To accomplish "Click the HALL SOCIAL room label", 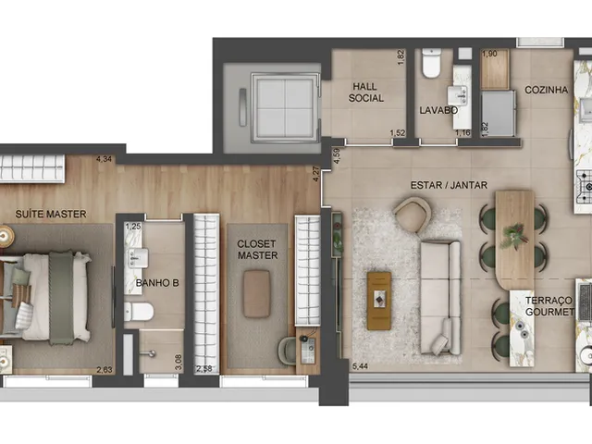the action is (x=365, y=92).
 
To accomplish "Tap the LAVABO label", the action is (x=438, y=110).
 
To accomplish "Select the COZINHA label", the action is (x=546, y=90).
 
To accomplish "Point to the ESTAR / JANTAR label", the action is (x=449, y=185).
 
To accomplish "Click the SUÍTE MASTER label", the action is (x=51, y=214).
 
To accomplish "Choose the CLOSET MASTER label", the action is (x=257, y=250).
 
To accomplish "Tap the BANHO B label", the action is (x=157, y=283).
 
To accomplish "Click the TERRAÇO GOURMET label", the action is (x=549, y=306).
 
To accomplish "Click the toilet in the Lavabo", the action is (x=431, y=63).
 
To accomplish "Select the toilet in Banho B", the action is (x=139, y=312).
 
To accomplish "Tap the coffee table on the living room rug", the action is (x=379, y=301).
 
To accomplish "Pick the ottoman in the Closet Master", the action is (x=257, y=294).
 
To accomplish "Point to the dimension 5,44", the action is (x=360, y=366).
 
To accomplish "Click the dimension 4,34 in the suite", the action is (x=104, y=159).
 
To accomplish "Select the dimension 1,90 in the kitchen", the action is (x=489, y=54).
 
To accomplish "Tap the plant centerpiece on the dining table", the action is (x=512, y=236).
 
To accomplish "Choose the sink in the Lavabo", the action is (x=457, y=95).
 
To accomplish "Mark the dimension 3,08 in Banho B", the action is (x=179, y=362).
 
